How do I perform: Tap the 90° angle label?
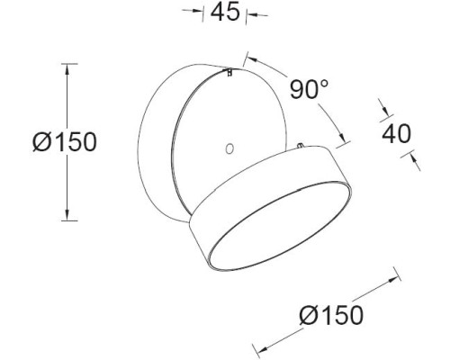click(310, 91)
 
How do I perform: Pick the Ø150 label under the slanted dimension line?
click(332, 314)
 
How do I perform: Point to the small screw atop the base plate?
click(229, 74)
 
